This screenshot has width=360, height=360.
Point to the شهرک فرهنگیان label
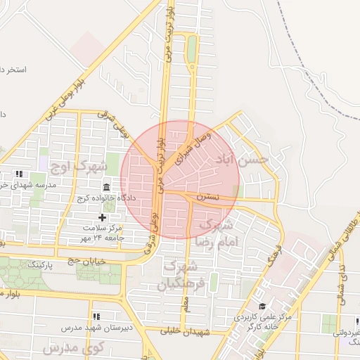[x=180, y=276]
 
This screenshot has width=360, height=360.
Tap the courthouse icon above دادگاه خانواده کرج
[x=106, y=188]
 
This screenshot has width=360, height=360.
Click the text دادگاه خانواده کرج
[x=105, y=198]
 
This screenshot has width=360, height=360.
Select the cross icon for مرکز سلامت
[x=103, y=218]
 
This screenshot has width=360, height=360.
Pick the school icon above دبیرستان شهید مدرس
[x=96, y=316]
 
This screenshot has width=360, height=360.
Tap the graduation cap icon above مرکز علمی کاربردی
[x=262, y=307]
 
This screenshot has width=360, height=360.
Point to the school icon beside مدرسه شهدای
[x=20, y=174]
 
